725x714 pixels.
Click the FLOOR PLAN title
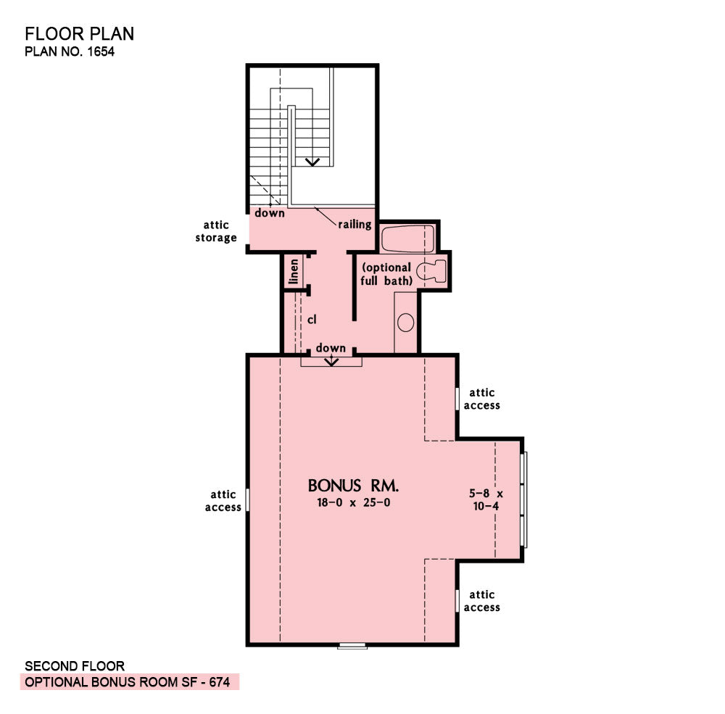[x=79, y=34]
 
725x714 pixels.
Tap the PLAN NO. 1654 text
[x=70, y=51]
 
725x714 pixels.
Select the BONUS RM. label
[x=353, y=486]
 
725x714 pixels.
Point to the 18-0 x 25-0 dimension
[x=354, y=502]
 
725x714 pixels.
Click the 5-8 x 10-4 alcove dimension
[x=486, y=500]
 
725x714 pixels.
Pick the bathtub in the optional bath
[x=407, y=238]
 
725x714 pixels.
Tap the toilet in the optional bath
[x=432, y=271]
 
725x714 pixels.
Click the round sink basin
[x=405, y=323]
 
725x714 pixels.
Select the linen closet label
[x=294, y=271]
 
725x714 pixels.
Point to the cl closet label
[x=312, y=320]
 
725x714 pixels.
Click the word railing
[x=355, y=225]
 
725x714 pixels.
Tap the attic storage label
[x=216, y=231]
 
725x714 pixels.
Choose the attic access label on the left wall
[x=223, y=502]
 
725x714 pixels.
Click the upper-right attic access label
[x=482, y=399]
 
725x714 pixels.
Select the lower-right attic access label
[x=482, y=601]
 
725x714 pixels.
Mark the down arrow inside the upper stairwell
[x=312, y=162]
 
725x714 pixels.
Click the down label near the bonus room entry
[x=331, y=348]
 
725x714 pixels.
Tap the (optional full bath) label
[x=386, y=274]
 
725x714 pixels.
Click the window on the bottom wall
[x=352, y=646]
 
